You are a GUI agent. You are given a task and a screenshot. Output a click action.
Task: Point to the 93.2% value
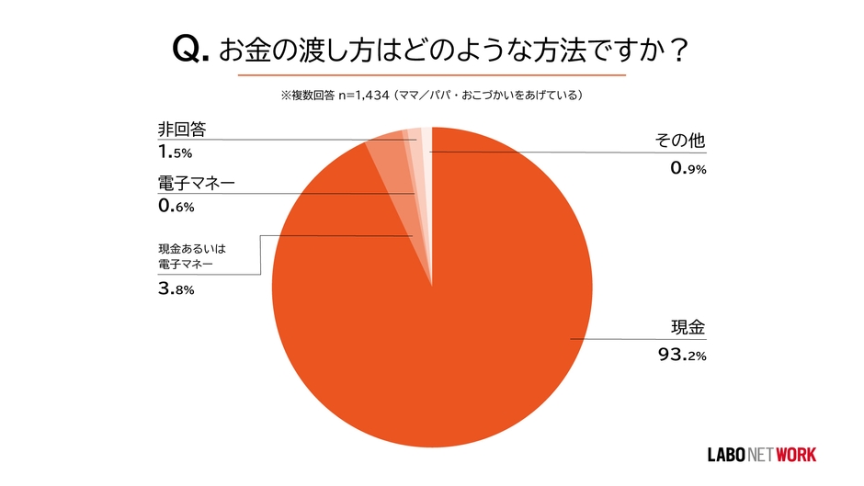(681, 355)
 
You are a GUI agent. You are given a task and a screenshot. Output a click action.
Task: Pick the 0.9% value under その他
(686, 168)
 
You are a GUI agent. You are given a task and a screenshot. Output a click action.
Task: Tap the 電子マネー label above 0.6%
(196, 183)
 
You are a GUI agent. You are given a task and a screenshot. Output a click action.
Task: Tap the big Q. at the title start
(191, 49)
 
